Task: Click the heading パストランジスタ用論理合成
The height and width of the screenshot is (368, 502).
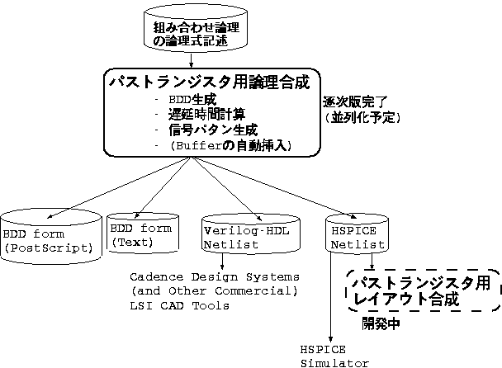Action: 209,83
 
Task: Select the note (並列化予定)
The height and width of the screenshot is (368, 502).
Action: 361,118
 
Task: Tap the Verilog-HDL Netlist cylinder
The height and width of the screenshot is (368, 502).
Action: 241,234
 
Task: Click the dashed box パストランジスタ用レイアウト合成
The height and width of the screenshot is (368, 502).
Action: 421,292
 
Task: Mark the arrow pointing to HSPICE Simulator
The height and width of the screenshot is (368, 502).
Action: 331,297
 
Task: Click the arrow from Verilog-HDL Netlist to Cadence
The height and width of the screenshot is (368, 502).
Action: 224,260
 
